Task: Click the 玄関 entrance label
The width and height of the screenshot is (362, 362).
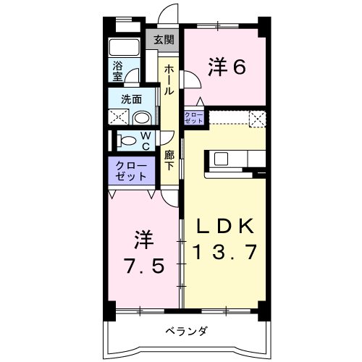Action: pos(164,40)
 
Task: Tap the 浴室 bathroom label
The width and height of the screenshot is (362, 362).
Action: pos(117,71)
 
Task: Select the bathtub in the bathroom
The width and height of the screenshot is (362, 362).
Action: pos(124,48)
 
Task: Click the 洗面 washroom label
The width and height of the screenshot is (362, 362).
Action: pos(131,99)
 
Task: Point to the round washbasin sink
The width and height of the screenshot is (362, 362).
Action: pos(142,118)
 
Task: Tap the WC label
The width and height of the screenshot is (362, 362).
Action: pos(146,141)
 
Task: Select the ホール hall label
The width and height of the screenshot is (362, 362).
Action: pos(169,80)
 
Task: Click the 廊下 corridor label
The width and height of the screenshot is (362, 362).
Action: pos(169,161)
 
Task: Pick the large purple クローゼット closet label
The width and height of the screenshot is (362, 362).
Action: pos(131,171)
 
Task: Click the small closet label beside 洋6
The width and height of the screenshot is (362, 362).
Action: pos(193,117)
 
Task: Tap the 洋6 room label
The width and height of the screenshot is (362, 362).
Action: pos(227,67)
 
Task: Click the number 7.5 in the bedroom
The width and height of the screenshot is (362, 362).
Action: pos(145,266)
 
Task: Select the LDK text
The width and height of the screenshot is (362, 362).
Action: pos(225,226)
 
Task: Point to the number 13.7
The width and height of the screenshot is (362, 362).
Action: pos(225,252)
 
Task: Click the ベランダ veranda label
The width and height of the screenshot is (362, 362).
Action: pos(186,331)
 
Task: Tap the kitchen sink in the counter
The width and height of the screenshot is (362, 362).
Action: pos(222,159)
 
